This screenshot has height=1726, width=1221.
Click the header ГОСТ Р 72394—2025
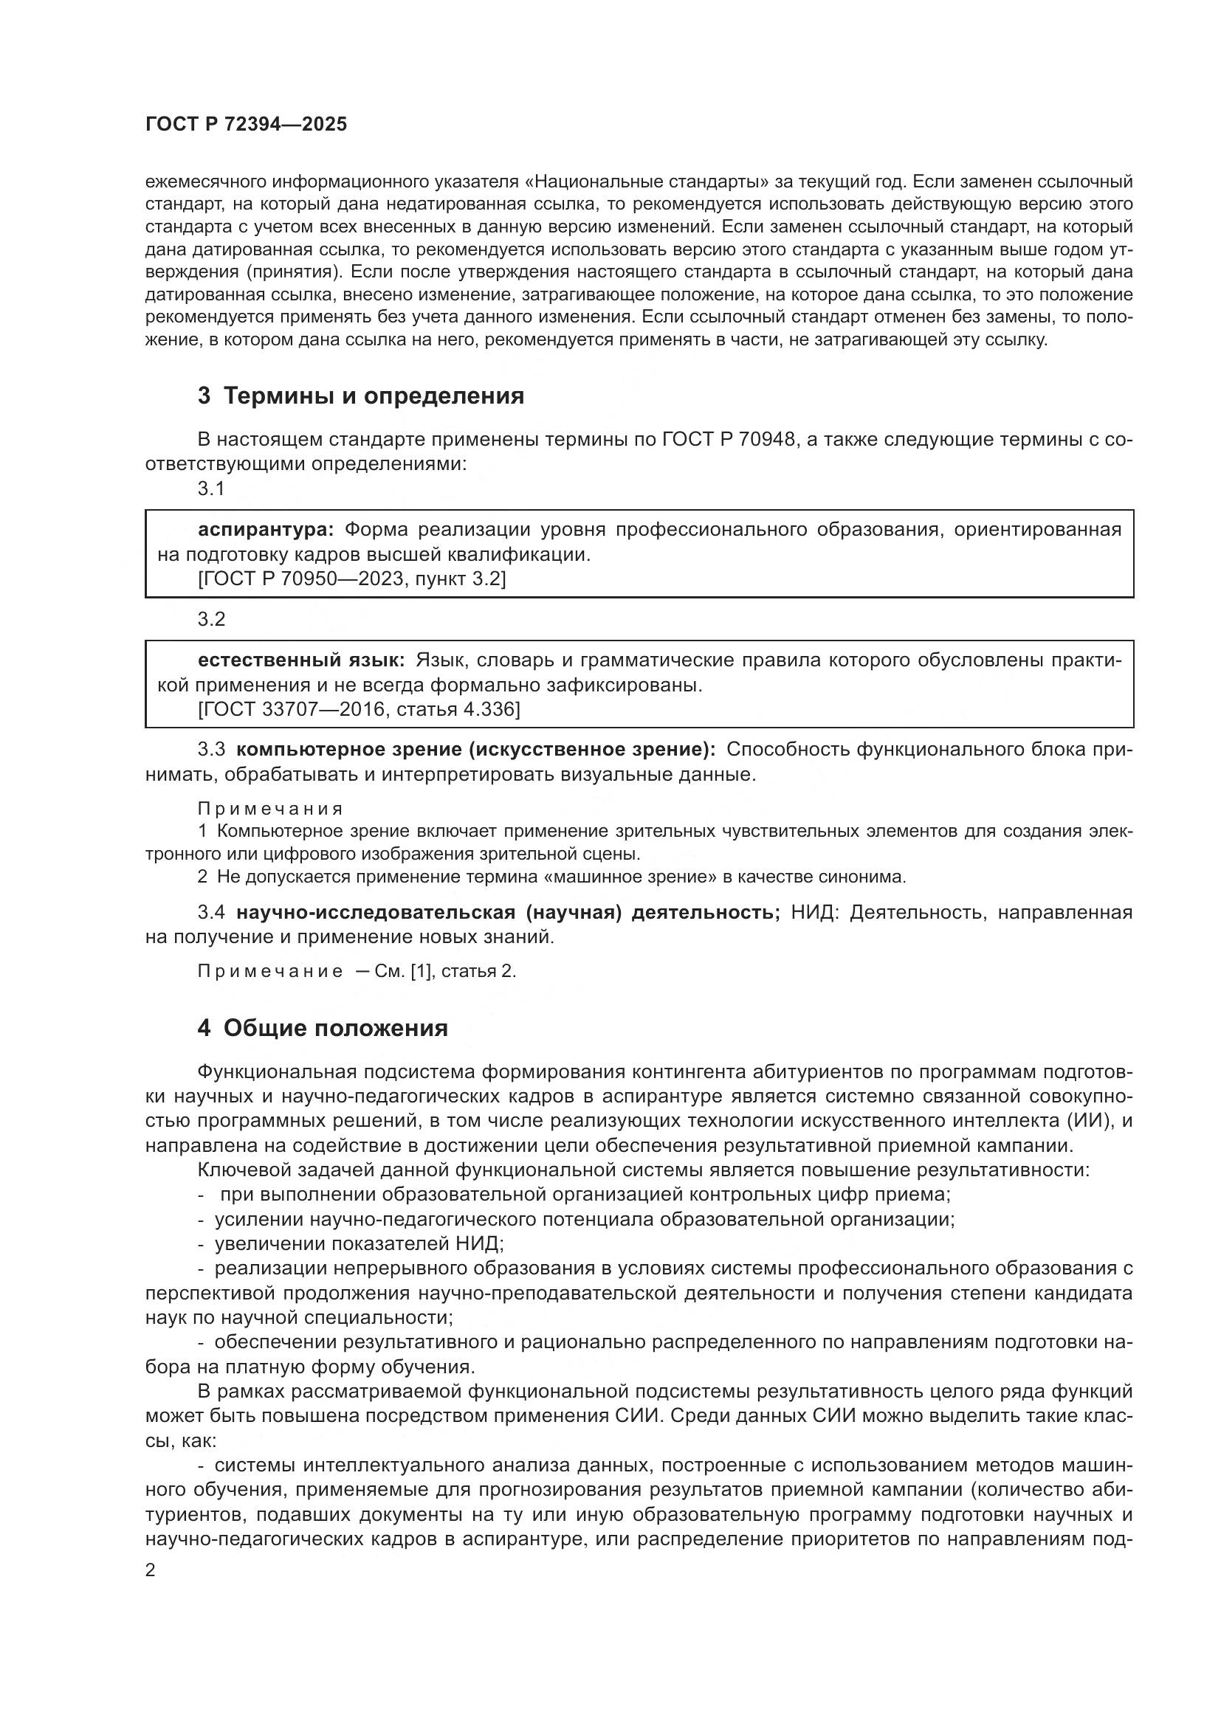click(246, 125)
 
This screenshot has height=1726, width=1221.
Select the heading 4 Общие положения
click(323, 1028)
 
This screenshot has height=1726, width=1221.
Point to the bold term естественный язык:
click(300, 660)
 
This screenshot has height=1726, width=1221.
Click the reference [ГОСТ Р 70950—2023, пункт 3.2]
click(352, 579)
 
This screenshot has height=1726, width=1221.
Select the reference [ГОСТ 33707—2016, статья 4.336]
click(359, 709)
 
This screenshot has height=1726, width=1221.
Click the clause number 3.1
click(211, 489)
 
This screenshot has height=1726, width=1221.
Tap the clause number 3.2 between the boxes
click(211, 619)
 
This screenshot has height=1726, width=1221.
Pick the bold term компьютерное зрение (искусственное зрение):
click(476, 750)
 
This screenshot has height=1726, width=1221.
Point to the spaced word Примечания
click(270, 809)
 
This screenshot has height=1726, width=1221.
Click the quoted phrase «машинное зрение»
click(616, 877)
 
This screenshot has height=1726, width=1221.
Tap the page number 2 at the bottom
click(151, 1570)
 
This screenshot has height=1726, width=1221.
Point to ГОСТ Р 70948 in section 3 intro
click(729, 439)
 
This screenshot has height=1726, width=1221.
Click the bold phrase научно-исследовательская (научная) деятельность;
click(508, 913)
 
